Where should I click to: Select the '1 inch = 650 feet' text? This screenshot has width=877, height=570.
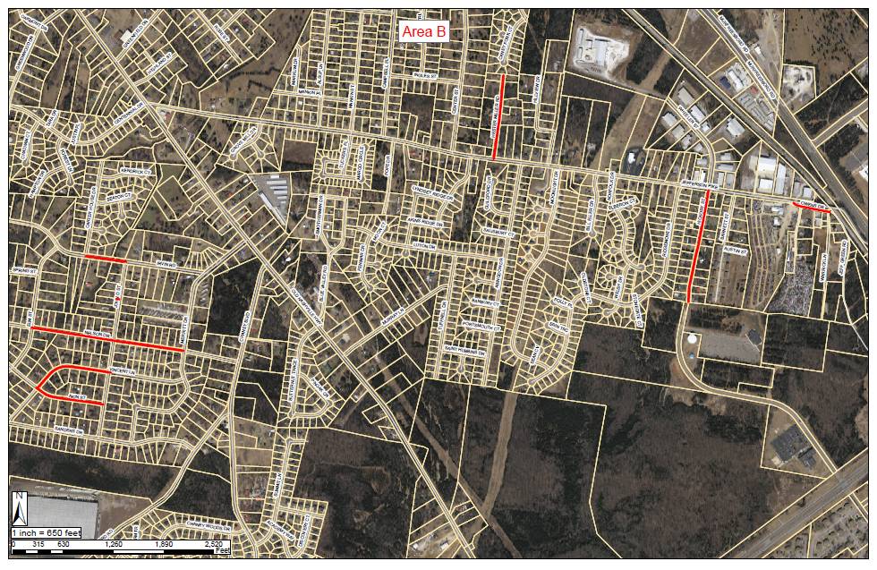point(50,533)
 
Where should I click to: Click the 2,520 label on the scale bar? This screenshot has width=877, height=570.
point(214,543)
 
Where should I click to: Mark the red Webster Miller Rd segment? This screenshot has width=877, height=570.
point(498,117)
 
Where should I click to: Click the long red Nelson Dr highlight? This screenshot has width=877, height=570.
point(107,339)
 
